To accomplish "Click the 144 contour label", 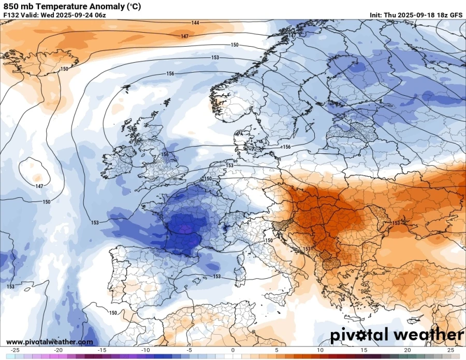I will tap(195, 23).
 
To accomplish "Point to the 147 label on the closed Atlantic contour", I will tap(39, 186).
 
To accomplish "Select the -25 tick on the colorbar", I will tap(15, 350).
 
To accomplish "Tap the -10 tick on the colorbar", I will tap(145, 350).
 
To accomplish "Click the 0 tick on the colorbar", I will tap(233, 350).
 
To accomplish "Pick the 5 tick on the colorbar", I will tap(276, 350).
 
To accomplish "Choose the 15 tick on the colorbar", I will tap(363, 350).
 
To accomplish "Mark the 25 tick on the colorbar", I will tap(450, 350).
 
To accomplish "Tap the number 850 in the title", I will tap(10, 7).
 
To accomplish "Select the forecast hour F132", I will tap(11, 15).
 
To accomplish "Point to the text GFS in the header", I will tap(456, 15).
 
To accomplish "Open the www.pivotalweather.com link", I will tap(50, 342).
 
